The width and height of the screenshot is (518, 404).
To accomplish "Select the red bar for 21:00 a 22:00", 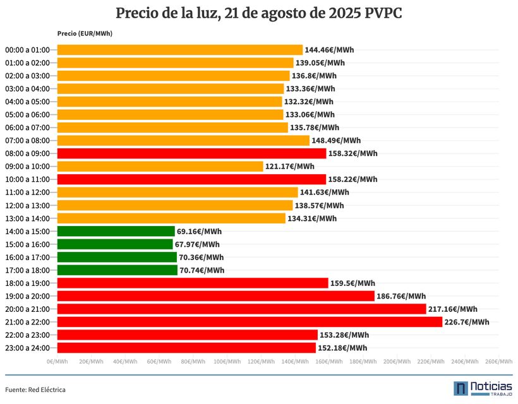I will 250,322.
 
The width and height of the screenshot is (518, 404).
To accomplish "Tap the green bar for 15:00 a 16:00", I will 115,244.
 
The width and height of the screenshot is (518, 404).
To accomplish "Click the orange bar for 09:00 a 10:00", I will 160,167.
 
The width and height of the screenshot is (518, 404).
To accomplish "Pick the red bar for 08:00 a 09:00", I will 191,153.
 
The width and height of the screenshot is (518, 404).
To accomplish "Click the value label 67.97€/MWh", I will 197,244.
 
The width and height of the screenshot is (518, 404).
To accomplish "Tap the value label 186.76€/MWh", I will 400,296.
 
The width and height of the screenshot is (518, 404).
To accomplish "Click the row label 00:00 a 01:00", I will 27,50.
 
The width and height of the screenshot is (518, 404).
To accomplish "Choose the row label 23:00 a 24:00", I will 27,348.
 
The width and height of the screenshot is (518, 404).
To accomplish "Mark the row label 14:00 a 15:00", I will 27,232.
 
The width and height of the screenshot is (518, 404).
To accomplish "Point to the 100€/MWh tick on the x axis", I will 227,362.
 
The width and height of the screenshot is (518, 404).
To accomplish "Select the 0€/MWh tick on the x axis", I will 57,362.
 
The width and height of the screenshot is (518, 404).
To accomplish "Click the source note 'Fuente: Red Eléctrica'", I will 35,389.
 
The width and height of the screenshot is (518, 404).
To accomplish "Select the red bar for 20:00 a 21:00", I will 241,309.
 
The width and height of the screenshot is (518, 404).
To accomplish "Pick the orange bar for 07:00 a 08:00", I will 183,141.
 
